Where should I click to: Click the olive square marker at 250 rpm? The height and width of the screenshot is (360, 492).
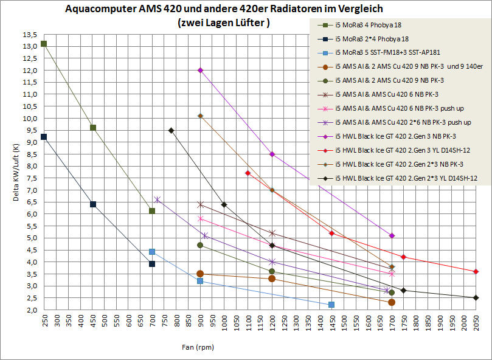pyautogui.click(x=44, y=44)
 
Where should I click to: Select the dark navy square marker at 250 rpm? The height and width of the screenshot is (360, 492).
pyautogui.click(x=44, y=137)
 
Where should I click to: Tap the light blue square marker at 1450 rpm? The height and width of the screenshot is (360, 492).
pyautogui.click(x=331, y=304)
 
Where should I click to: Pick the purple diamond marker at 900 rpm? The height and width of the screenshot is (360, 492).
pyautogui.click(x=200, y=70)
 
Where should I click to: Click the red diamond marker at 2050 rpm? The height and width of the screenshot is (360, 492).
pyautogui.click(x=476, y=271)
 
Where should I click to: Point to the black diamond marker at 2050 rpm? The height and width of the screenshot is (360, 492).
pyautogui.click(x=476, y=297)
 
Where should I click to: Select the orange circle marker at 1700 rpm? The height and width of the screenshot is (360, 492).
pyautogui.click(x=392, y=302)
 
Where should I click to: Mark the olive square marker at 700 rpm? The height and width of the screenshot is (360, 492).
pyautogui.click(x=152, y=210)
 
